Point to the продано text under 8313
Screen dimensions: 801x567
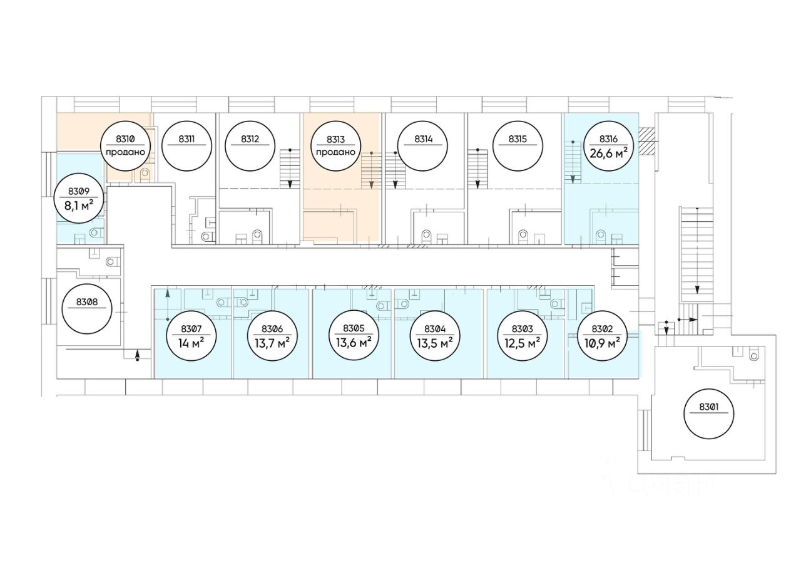coord(335,152)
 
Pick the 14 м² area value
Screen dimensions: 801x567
coord(191,342)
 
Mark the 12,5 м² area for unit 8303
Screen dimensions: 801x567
coord(522,342)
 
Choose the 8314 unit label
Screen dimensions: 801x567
coord(423,139)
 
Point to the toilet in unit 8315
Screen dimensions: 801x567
coord(523,236)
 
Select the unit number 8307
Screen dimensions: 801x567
coord(191,328)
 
